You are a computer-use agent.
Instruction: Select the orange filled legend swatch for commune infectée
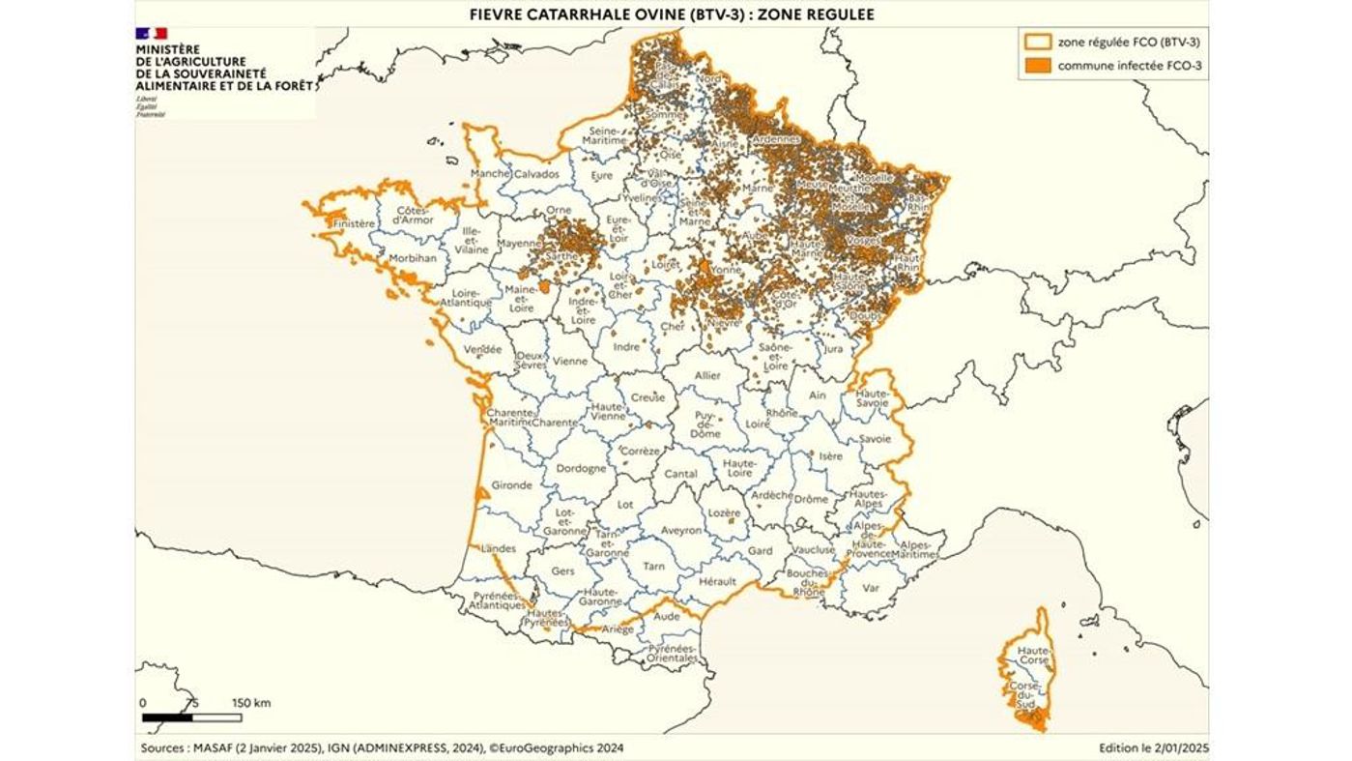(x=1039, y=66)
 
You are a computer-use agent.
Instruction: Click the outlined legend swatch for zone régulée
(x=1039, y=42)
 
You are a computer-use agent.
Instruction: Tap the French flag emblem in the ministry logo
(x=151, y=33)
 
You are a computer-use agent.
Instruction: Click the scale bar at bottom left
(x=191, y=717)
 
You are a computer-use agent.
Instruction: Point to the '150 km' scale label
(x=251, y=703)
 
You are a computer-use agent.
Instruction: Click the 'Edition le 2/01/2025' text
(x=1154, y=747)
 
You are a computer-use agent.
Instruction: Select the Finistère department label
(x=353, y=223)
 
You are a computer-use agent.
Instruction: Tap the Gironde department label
(x=512, y=485)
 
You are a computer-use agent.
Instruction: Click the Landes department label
(x=499, y=549)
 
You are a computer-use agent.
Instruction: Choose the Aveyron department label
(x=681, y=531)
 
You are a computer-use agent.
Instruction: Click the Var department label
(x=871, y=587)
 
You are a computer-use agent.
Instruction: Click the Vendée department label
(x=482, y=349)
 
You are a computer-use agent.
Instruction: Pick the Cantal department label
(x=680, y=474)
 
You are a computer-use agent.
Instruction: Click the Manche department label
(x=489, y=174)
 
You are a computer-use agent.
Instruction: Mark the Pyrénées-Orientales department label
(x=673, y=653)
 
